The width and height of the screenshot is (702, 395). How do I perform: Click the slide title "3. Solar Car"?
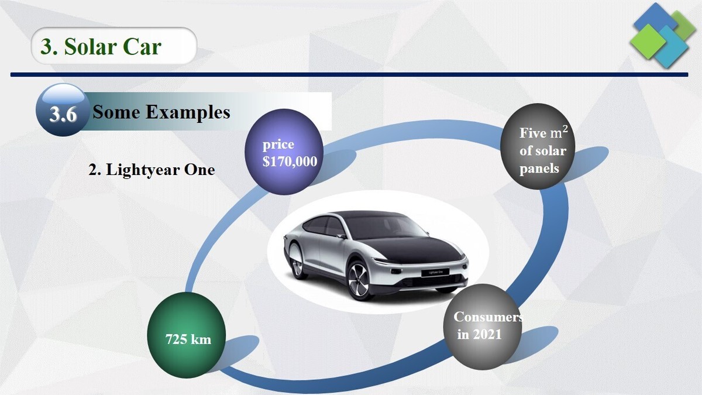[101, 46]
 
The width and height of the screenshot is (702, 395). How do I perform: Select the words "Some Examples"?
[161, 112]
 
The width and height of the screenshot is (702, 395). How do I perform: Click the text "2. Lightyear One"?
[152, 170]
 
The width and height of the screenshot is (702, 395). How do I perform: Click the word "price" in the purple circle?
[278, 144]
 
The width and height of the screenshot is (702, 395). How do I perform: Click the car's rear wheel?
[297, 264]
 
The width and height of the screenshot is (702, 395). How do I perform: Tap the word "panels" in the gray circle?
[539, 169]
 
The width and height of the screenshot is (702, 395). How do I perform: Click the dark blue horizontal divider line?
[351, 75]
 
